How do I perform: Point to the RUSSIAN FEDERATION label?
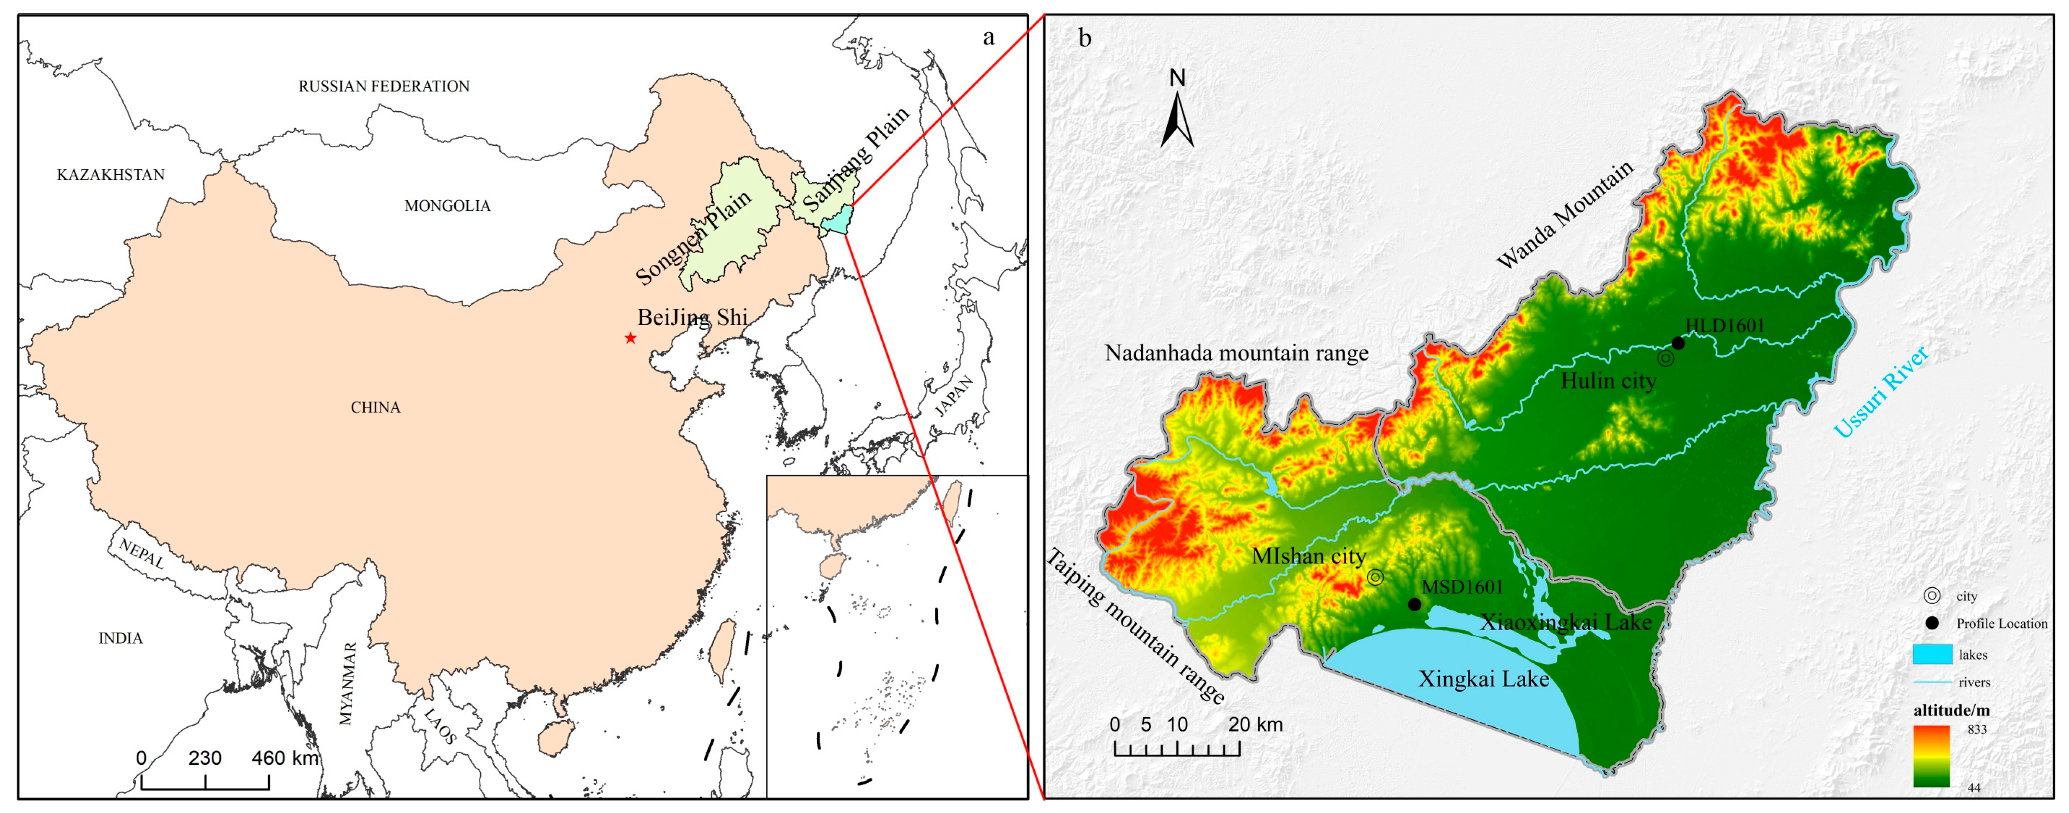point(384,87)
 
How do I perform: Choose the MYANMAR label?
point(347,684)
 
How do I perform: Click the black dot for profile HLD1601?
point(1678,344)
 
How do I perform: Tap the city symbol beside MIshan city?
point(1375,577)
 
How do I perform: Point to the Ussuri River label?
point(1880,391)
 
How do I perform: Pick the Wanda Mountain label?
point(1565,215)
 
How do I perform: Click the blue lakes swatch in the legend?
point(1932,655)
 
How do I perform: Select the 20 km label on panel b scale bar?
point(1255,724)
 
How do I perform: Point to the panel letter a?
point(989,38)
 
